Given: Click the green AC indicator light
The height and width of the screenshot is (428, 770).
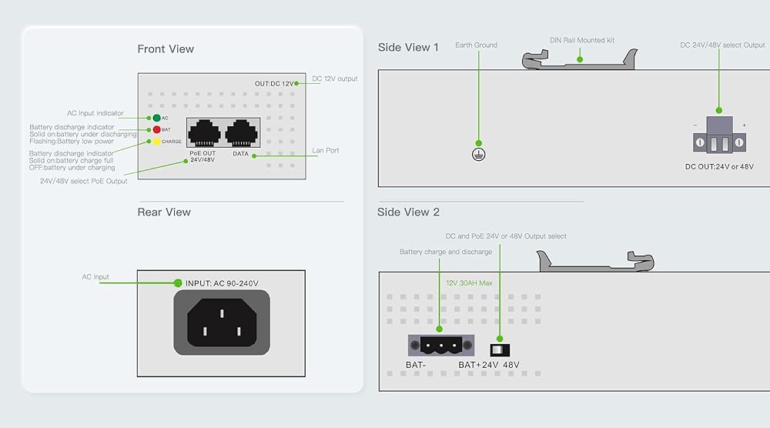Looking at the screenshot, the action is (x=156, y=119).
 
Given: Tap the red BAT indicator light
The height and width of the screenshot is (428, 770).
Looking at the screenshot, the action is (x=156, y=130).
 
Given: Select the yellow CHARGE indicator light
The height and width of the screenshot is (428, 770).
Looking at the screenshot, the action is (x=156, y=142).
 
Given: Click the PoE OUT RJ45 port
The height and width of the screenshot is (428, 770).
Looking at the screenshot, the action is (x=205, y=133).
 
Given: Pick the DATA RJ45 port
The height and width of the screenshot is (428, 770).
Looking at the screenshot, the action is (x=241, y=133).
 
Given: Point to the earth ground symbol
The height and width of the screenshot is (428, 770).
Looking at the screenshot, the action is (x=479, y=154).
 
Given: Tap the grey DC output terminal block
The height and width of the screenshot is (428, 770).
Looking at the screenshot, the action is (x=720, y=135).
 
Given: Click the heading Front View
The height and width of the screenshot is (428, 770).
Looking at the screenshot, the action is (x=166, y=49).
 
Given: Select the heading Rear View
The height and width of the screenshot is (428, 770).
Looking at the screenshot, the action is (x=164, y=212).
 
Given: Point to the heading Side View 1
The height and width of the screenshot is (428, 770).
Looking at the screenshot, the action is (x=408, y=48).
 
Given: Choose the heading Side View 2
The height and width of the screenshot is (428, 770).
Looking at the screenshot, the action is (x=409, y=212).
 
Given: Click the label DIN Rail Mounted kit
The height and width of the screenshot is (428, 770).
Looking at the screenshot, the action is (x=582, y=40).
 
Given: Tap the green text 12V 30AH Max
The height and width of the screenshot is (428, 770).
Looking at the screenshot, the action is (x=469, y=283).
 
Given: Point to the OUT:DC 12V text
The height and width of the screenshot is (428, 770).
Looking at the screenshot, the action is (x=274, y=83).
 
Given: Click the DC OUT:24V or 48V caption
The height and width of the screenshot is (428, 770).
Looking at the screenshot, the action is (x=719, y=166).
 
